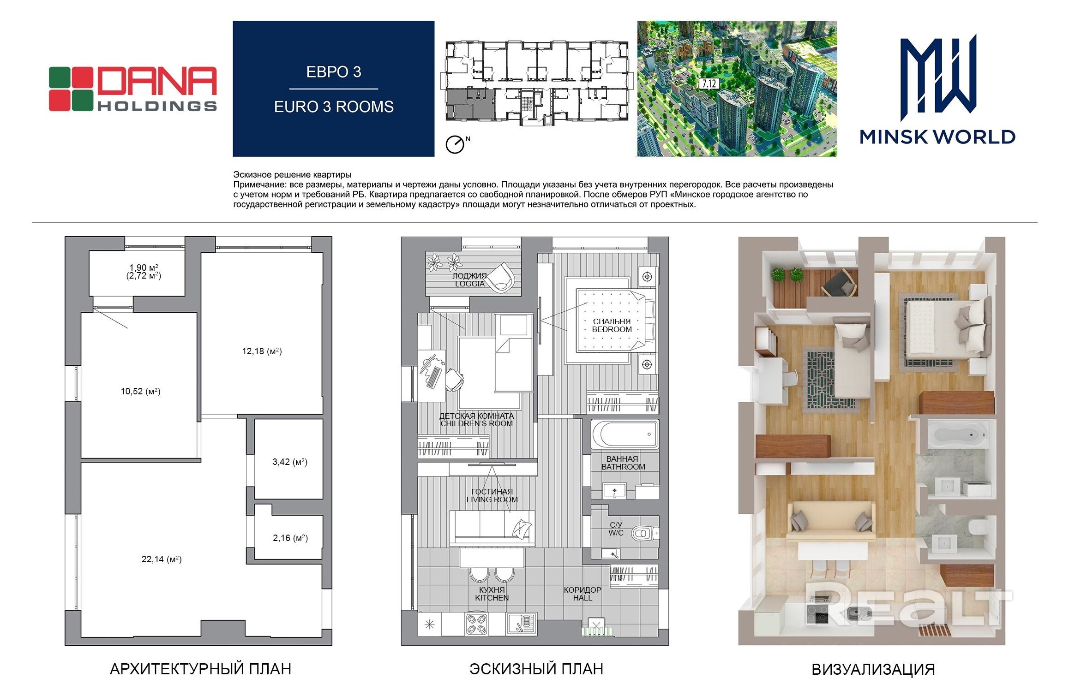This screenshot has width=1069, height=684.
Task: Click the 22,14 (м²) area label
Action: point(162,559)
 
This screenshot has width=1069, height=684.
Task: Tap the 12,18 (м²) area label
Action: point(262,351)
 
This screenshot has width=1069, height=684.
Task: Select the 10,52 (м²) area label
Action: point(140,392)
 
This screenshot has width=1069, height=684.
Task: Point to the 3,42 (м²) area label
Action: point(290,462)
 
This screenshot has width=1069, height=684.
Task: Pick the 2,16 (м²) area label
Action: point(290,538)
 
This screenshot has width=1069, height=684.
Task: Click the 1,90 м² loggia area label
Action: point(144,268)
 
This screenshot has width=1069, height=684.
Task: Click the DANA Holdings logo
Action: point(133,89)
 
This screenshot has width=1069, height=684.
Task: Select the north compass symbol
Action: point(456,144)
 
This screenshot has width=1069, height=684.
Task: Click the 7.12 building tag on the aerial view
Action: point(709,83)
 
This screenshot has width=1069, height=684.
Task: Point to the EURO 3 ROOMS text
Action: point(334,107)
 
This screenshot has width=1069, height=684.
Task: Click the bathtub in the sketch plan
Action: point(625,434)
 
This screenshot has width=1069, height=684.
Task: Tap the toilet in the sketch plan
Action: point(643,534)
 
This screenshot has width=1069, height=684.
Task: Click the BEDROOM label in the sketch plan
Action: point(612,329)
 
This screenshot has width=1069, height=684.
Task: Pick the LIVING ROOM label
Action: point(492,500)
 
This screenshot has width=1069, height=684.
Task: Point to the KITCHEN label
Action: point(492,598)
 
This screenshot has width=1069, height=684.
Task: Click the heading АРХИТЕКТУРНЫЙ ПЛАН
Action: point(200,669)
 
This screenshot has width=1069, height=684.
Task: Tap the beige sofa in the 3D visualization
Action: point(831,521)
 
